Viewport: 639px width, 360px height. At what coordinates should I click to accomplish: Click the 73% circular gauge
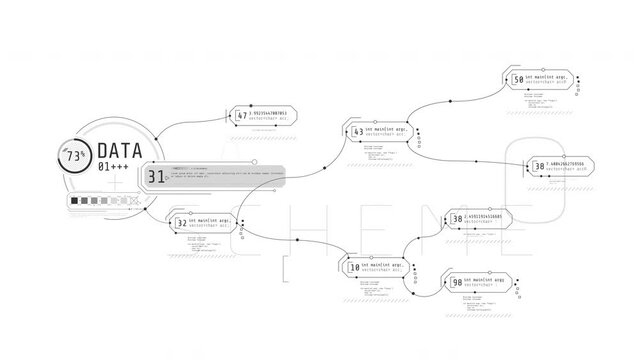tap(74, 156)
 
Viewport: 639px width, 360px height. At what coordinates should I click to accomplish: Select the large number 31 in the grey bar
tap(156, 177)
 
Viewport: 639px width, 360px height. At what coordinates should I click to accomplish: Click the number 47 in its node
tap(241, 115)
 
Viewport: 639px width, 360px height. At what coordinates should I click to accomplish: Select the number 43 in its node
tap(357, 132)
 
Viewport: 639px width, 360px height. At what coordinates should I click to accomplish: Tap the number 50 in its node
tap(517, 79)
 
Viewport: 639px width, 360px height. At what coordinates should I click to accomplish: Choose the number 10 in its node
tap(354, 268)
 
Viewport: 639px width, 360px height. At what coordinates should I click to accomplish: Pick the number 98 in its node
tap(456, 284)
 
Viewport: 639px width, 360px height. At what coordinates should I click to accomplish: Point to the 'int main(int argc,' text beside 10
tap(386, 265)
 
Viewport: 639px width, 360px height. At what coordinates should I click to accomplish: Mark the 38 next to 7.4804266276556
tap(539, 165)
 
